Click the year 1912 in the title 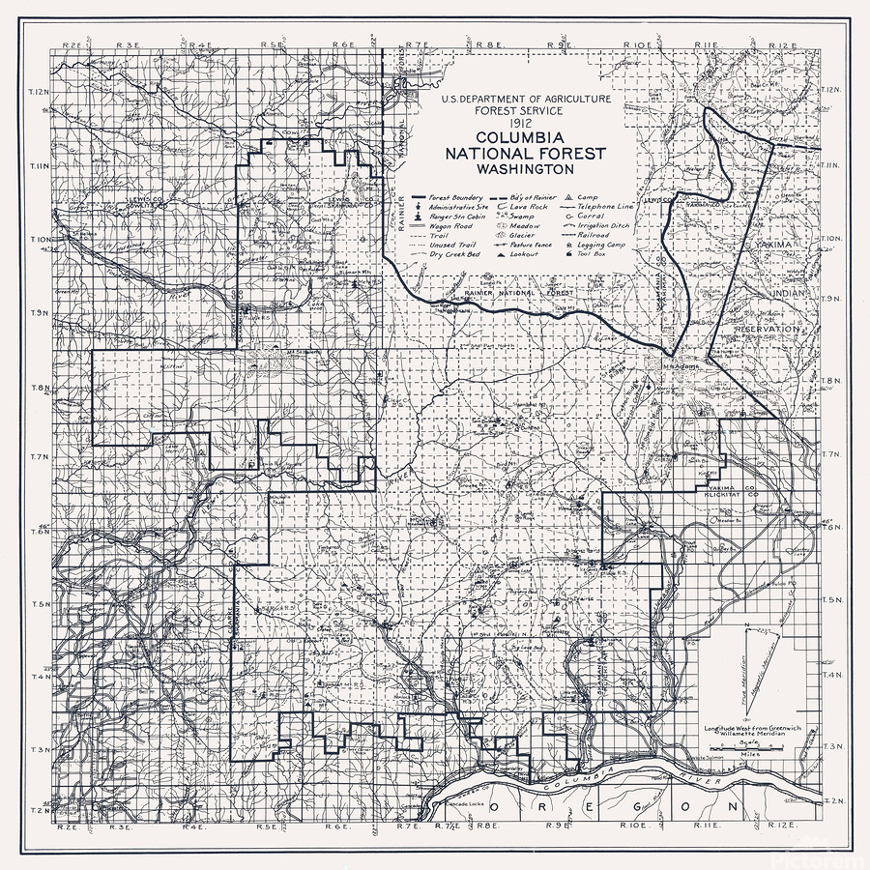coord(525,125)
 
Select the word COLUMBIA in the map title coord(525,139)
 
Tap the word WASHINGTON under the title coord(525,168)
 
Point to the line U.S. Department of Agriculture coord(525,100)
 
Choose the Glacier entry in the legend coord(521,235)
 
